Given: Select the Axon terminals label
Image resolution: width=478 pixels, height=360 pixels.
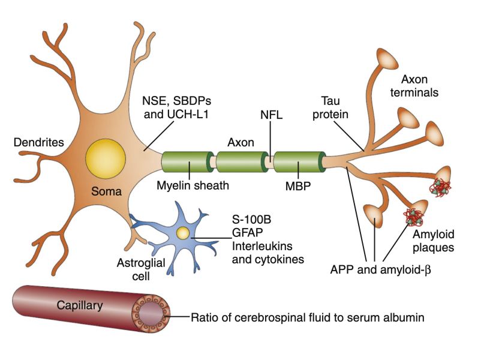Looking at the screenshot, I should point(420,85).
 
